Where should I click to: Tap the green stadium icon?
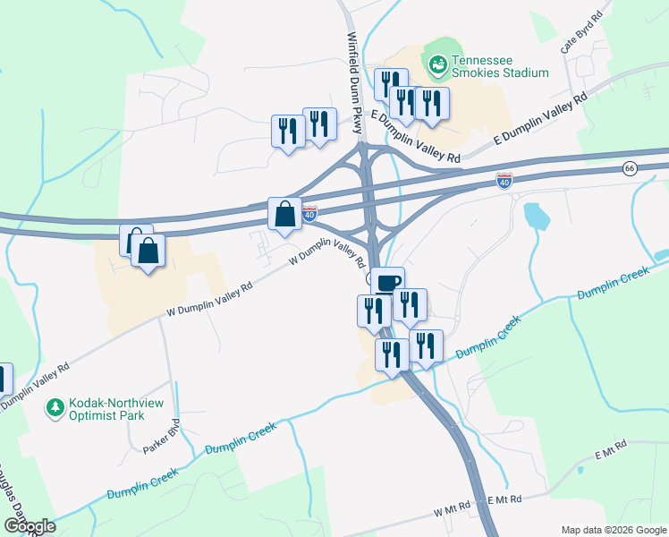pyautogui.click(x=437, y=64)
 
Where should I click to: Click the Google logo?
pyautogui.click(x=30, y=526)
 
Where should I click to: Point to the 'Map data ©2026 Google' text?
pyautogui.click(x=613, y=528)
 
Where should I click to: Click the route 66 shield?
pyautogui.click(x=631, y=169)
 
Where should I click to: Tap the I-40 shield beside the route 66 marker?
pyautogui.click(x=504, y=182)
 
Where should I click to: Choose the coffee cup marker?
pyautogui.click(x=387, y=283)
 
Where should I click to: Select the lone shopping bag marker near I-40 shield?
pyautogui.click(x=284, y=215)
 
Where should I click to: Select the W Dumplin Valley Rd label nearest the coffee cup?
pyautogui.click(x=326, y=259)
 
